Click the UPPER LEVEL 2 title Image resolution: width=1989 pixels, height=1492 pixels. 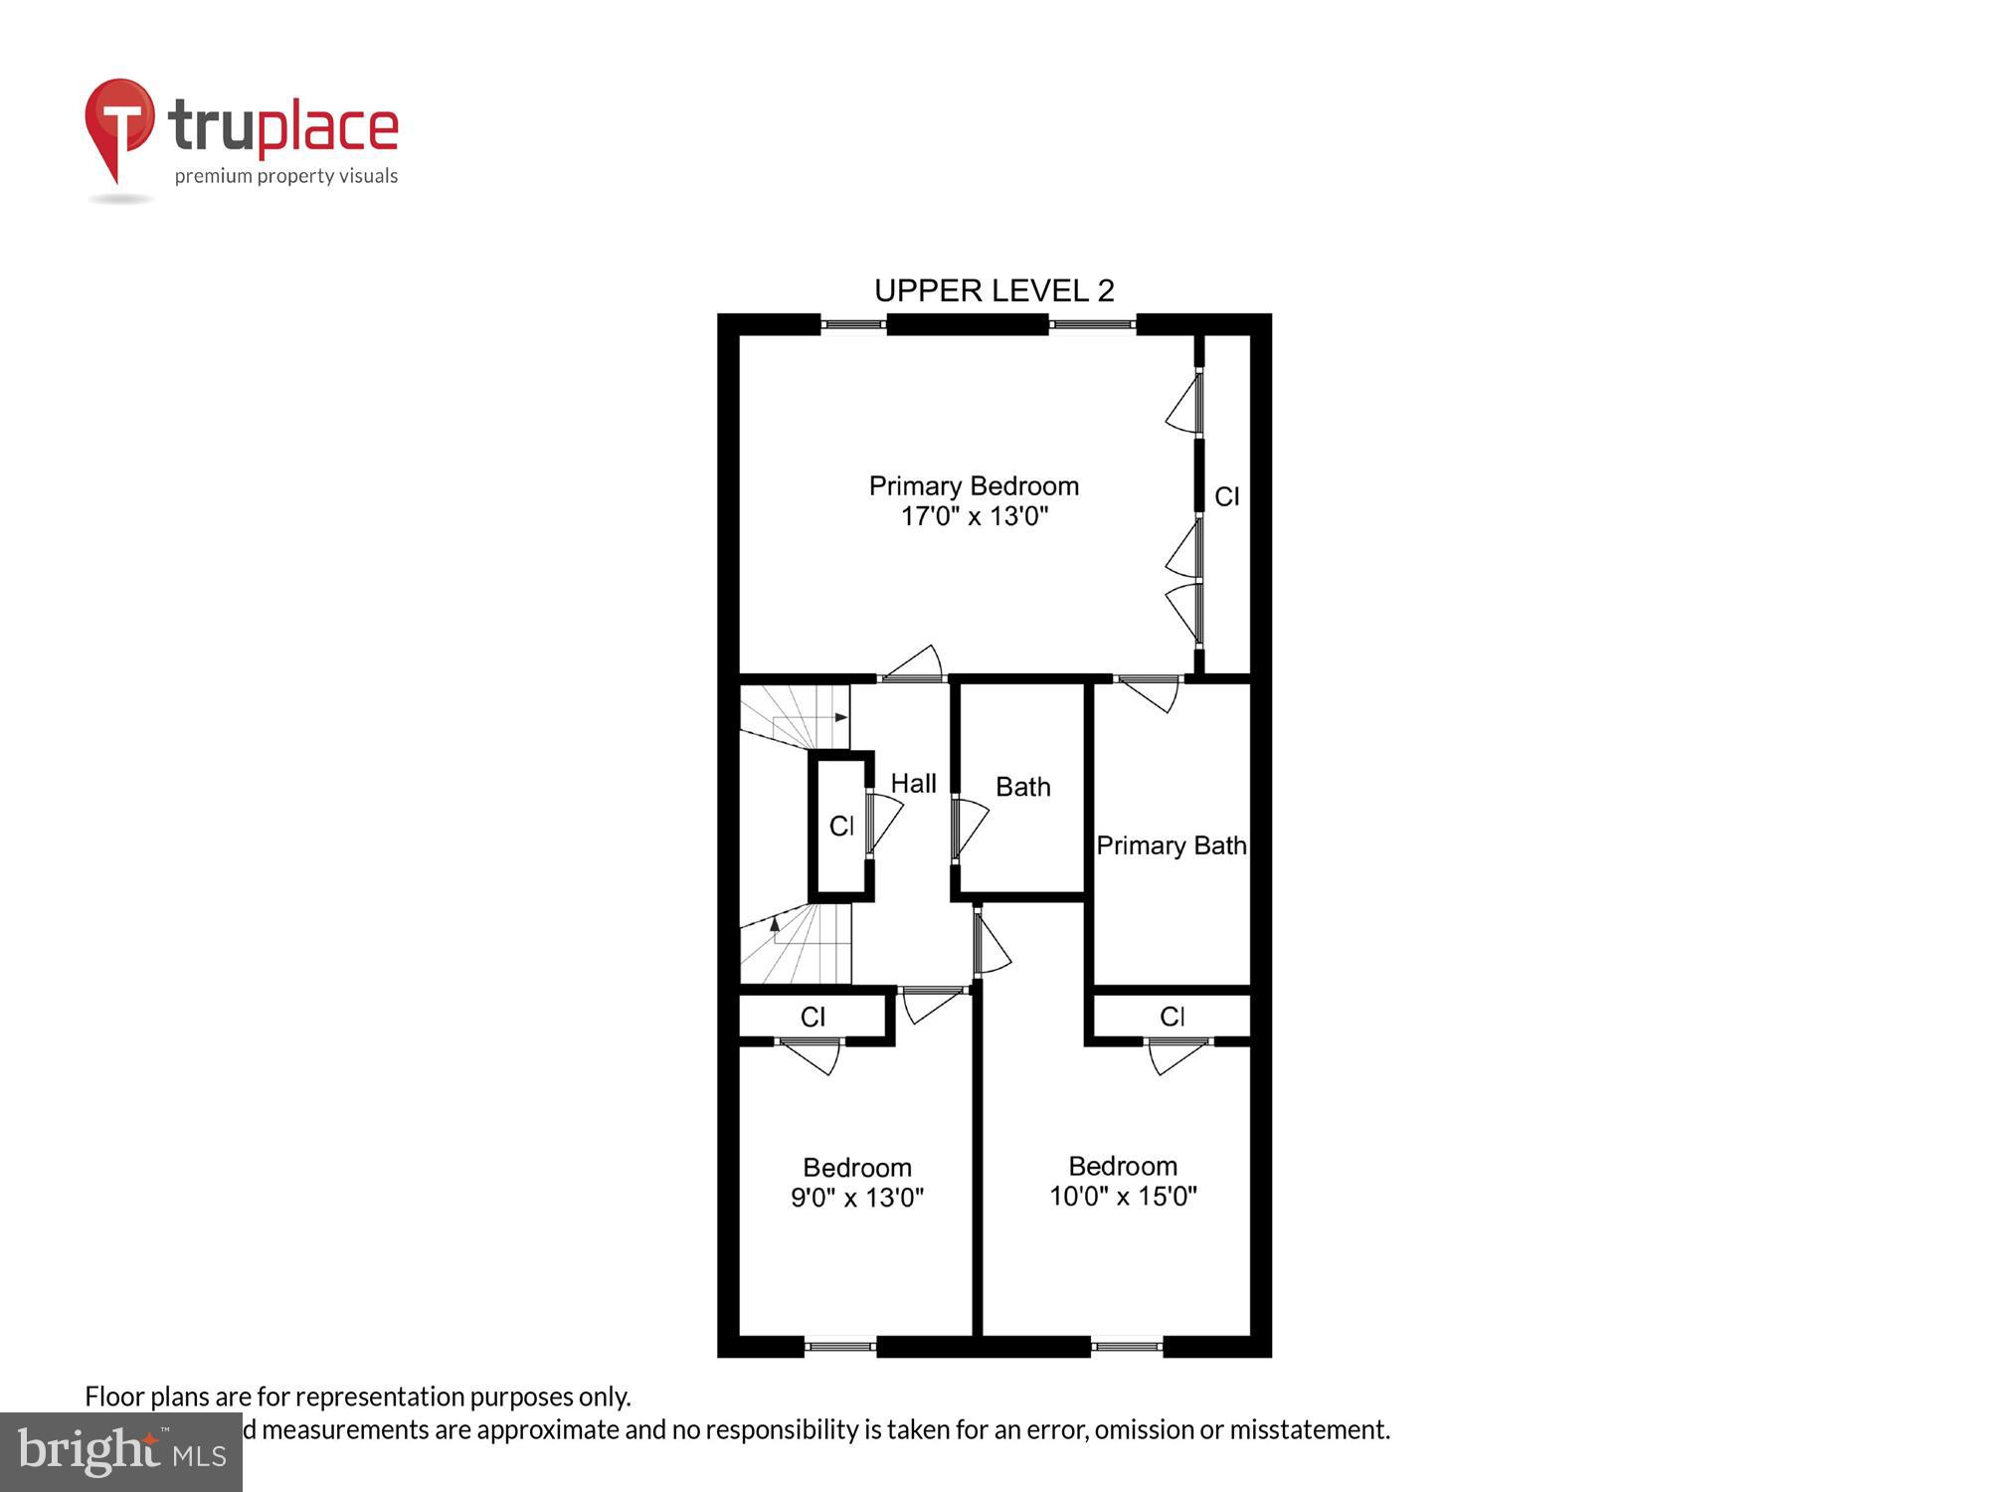coord(994,290)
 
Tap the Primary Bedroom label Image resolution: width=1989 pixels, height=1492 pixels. coord(974,485)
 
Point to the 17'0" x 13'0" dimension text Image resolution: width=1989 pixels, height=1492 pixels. coord(974,516)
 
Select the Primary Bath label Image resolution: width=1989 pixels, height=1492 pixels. coord(1171,845)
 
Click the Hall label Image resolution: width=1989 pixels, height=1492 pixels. coord(913,784)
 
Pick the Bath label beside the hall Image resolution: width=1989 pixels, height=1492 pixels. coord(1022,787)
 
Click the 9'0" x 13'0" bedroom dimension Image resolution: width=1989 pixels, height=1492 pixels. coord(857,1198)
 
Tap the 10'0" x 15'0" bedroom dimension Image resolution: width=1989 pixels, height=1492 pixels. coord(1123,1196)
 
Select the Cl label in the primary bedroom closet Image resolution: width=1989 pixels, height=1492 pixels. coord(1226,496)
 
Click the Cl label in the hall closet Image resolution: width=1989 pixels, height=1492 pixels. coord(841,826)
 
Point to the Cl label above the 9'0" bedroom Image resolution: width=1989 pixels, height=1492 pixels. coord(813,1017)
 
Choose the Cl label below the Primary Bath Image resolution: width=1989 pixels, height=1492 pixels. coord(1172,1017)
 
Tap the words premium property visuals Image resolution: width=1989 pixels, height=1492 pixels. coord(286,177)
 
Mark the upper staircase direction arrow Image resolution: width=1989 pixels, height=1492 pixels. coord(841,717)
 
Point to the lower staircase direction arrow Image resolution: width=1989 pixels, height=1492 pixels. coord(775,924)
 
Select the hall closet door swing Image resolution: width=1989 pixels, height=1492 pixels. coord(884,821)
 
